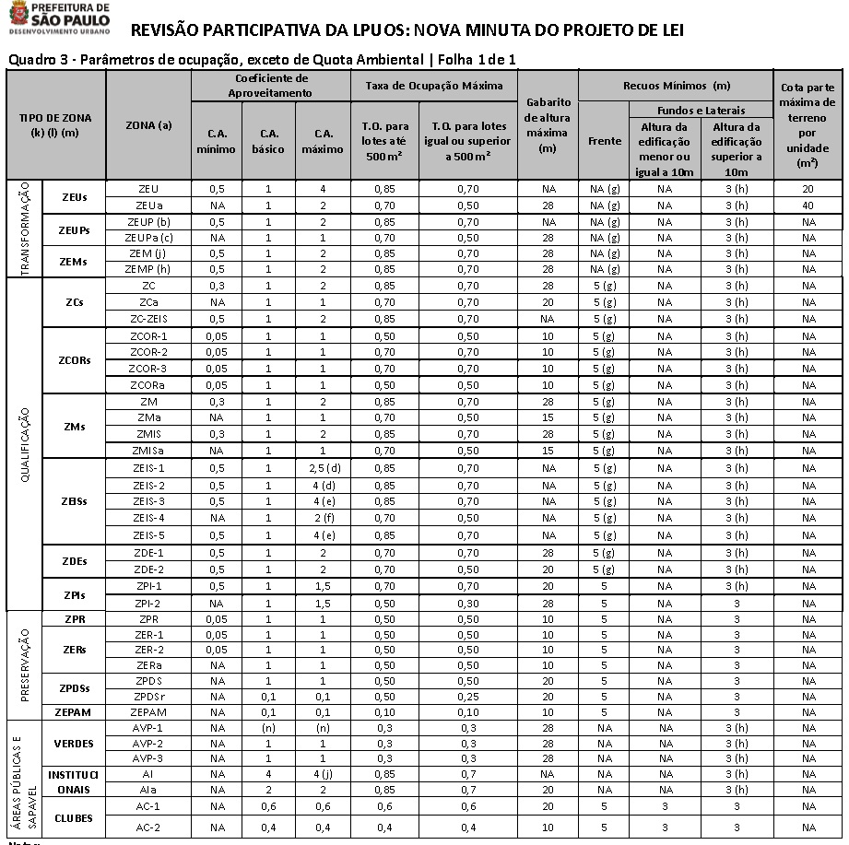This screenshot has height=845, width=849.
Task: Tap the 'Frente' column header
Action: [x=605, y=141]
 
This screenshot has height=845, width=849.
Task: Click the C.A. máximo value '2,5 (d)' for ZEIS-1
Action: [x=323, y=468]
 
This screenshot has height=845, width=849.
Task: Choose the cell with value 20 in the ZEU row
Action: [x=808, y=189]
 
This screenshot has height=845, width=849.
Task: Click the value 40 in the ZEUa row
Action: [x=808, y=205]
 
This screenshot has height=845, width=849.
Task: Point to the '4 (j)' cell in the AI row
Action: [x=323, y=774]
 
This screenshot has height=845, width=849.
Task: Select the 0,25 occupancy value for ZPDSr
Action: [x=467, y=696]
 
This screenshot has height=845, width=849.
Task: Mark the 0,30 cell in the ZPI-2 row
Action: [x=467, y=602]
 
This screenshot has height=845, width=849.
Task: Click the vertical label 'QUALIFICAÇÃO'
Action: [x=25, y=444]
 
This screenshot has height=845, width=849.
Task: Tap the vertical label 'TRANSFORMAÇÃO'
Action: [x=25, y=229]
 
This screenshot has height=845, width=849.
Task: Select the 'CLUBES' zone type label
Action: [x=74, y=817]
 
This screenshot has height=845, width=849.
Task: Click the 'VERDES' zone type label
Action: [x=74, y=743]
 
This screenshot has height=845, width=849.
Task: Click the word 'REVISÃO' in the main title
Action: [x=171, y=29]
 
